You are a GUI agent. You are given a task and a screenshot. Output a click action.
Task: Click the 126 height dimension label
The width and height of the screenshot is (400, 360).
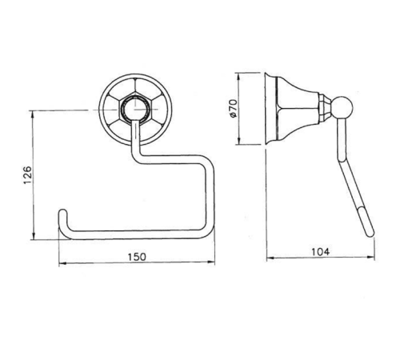[x=27, y=175]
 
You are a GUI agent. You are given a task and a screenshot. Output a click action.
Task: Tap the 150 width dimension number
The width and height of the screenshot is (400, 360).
[x=137, y=257]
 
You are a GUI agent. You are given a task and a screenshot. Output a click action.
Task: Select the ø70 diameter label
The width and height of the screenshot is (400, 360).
[x=233, y=108]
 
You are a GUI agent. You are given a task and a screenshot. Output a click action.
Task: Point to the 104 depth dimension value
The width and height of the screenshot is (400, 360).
[x=321, y=252]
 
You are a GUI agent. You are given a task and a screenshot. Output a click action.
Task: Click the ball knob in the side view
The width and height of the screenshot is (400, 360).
[x=342, y=108]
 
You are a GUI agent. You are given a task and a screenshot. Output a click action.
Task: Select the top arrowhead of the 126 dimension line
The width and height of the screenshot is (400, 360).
[x=33, y=114]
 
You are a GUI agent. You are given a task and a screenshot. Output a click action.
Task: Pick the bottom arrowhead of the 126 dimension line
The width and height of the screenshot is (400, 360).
[x=34, y=236]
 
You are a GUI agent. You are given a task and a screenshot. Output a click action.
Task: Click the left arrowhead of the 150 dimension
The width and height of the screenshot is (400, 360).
[x=62, y=264]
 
